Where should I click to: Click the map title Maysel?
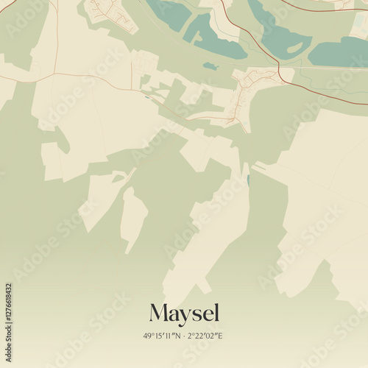pyautogui.click(x=184, y=314)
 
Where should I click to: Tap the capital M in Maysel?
pyautogui.click(x=159, y=314)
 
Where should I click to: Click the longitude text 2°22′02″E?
pyautogui.click(x=206, y=336)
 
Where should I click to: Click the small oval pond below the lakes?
pyautogui.click(x=211, y=66)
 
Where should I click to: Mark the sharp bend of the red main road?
pyautogui.click(x=280, y=74)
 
